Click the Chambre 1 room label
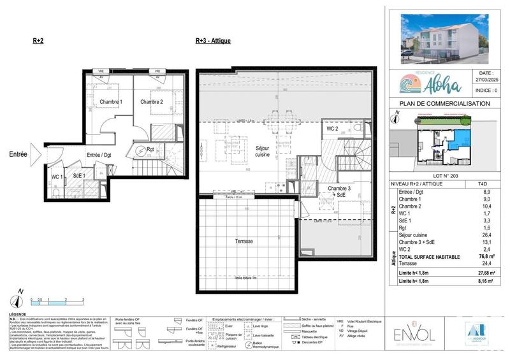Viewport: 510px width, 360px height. (112, 102)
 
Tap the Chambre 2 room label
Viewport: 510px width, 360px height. (152, 102)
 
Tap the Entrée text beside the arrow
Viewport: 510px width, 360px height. (18, 154)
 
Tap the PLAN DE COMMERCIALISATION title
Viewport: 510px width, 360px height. (444, 103)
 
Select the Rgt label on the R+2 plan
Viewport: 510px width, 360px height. (150, 151)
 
